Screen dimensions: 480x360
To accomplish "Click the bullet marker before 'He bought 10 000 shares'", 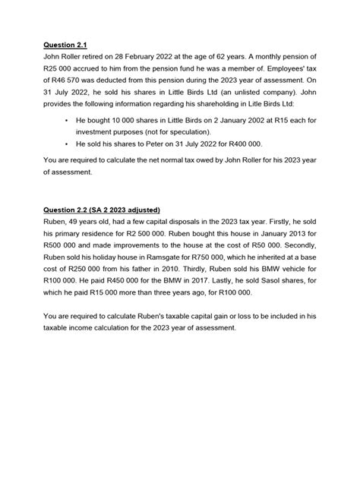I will pyautogui.click(x=68, y=121).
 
